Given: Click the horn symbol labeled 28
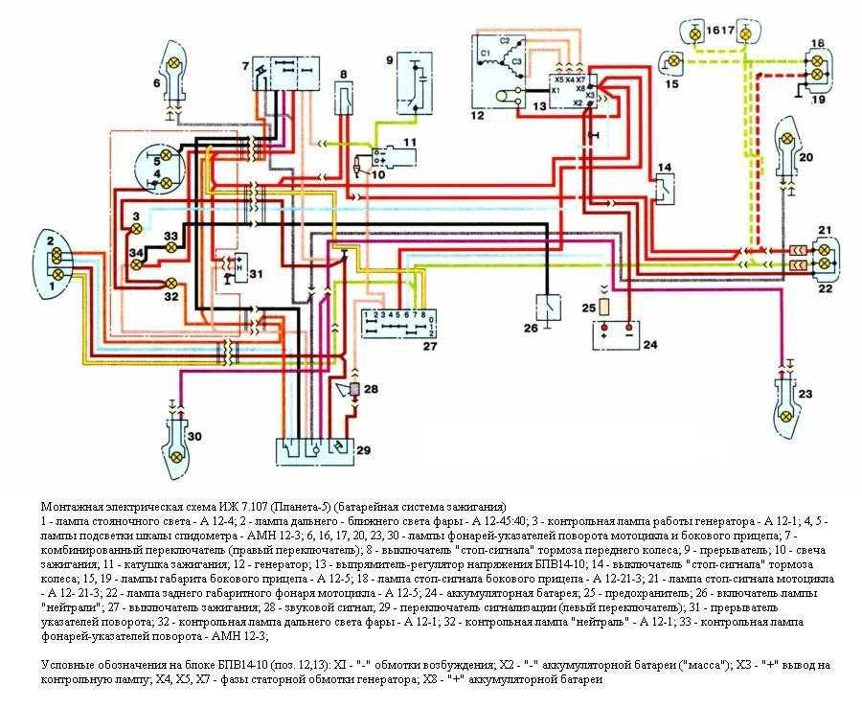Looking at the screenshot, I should [356, 390].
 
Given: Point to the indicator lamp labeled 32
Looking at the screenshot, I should [171, 283].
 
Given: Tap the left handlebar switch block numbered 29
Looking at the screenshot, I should [310, 449].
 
